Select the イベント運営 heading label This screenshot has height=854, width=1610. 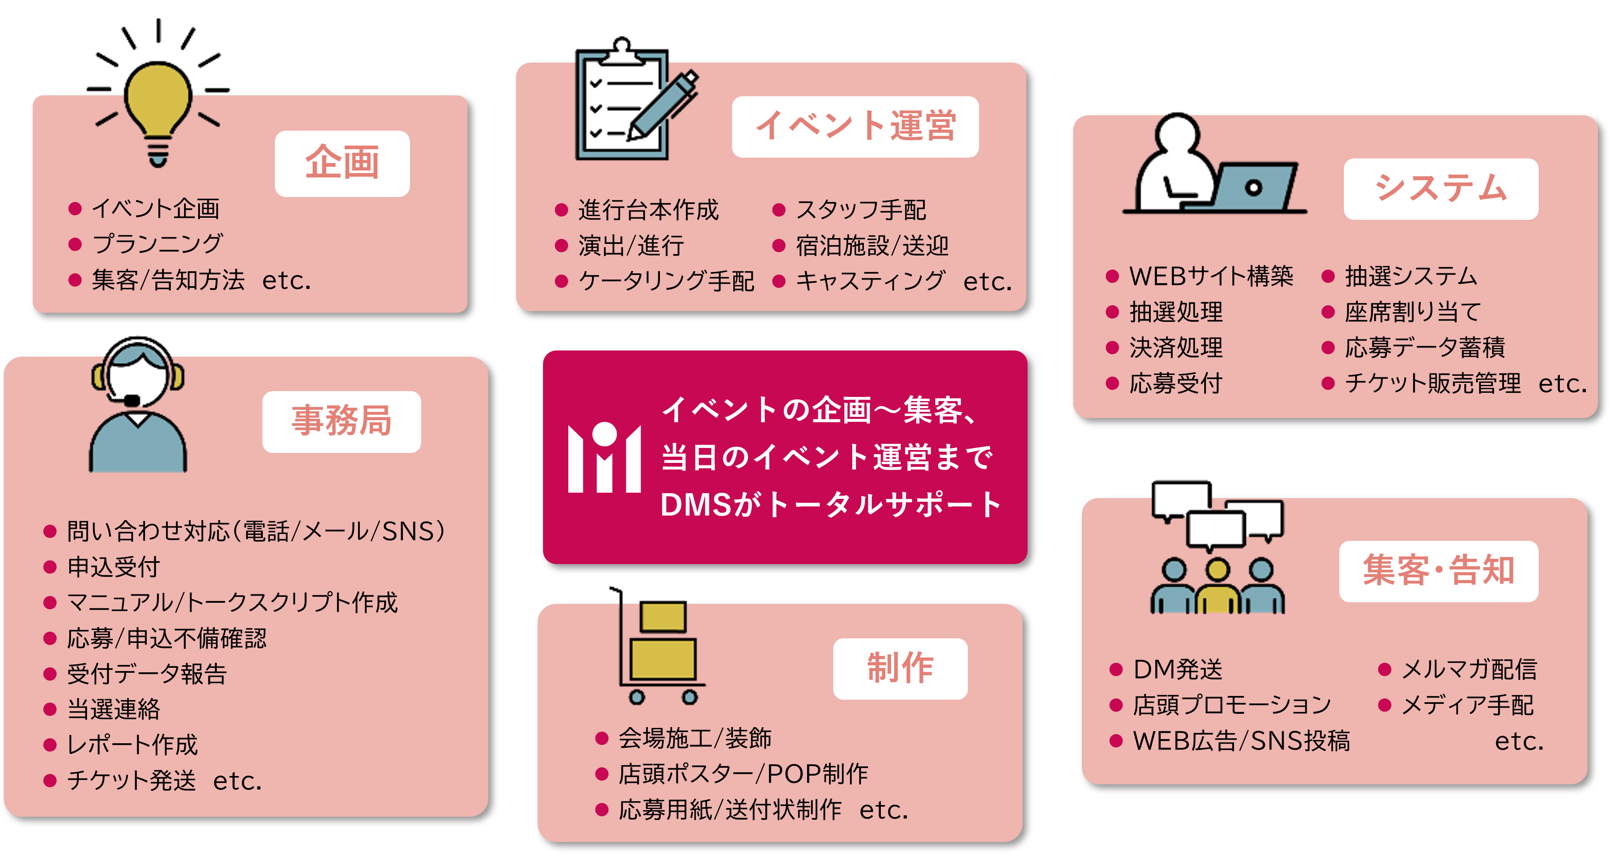pos(855,126)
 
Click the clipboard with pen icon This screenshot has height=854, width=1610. pos(631,103)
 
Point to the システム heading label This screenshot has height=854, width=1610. pos(1440,189)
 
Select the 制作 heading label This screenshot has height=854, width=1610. pos(900,668)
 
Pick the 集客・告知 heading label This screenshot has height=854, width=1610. pos(1438,571)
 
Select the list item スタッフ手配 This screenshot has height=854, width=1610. pos(861,210)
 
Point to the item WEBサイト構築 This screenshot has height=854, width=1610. pos(1211,276)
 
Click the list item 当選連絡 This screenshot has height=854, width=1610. pos(114,709)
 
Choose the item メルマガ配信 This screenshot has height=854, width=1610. pos(1469,669)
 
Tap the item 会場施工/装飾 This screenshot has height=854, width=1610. pos(695,738)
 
